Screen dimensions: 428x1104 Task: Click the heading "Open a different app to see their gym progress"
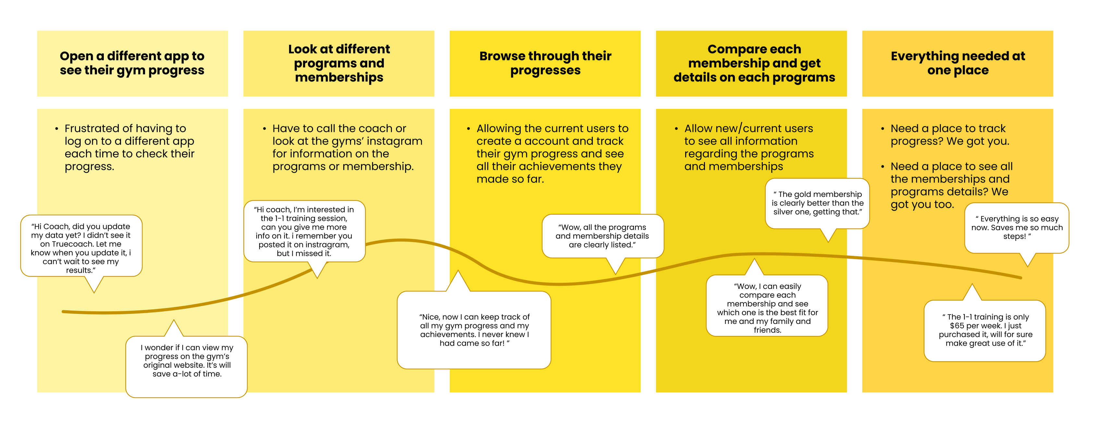pyautogui.click(x=132, y=63)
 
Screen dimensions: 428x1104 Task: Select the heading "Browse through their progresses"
pyautogui.click(x=545, y=63)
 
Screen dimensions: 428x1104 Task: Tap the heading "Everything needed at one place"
pyautogui.click(x=958, y=63)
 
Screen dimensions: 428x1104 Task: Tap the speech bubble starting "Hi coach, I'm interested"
pyautogui.click(x=304, y=232)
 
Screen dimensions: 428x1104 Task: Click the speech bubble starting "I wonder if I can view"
pyautogui.click(x=187, y=361)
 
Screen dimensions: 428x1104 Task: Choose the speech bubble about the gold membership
pyautogui.click(x=817, y=203)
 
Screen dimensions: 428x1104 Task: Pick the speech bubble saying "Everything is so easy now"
pyautogui.click(x=1017, y=228)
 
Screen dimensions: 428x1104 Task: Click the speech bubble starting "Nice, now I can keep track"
pyautogui.click(x=474, y=330)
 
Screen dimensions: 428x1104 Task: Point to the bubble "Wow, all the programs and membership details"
pyautogui.click(x=602, y=236)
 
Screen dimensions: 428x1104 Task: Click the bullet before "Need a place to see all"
pyautogui.click(x=882, y=167)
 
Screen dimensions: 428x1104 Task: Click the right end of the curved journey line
pyautogui.click(x=1021, y=278)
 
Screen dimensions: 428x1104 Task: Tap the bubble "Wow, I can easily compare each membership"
pyautogui.click(x=767, y=308)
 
